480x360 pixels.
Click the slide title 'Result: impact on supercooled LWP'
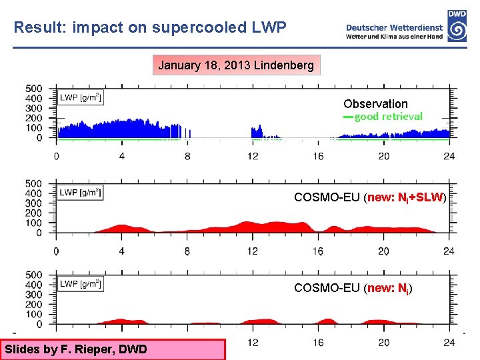pos(150,28)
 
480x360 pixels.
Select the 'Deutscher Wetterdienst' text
pos(394,27)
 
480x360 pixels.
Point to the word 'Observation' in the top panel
pos(375,103)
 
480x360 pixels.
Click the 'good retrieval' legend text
pos(388,117)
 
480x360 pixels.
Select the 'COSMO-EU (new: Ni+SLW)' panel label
pos(370,197)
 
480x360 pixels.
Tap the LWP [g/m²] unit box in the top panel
pos(81,97)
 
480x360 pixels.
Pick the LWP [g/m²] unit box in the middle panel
pos(81,193)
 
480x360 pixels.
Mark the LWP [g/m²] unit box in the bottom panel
pos(81,284)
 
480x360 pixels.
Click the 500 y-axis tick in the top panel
pos(34,88)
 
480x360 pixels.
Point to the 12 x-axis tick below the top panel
pos(253,157)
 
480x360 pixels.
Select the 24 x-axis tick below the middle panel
pos(449,251)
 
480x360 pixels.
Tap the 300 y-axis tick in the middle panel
pos(34,203)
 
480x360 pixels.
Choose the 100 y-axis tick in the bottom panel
pos(34,314)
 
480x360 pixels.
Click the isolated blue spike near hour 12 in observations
pos(257,131)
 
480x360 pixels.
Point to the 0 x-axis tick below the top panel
pos(56,157)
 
